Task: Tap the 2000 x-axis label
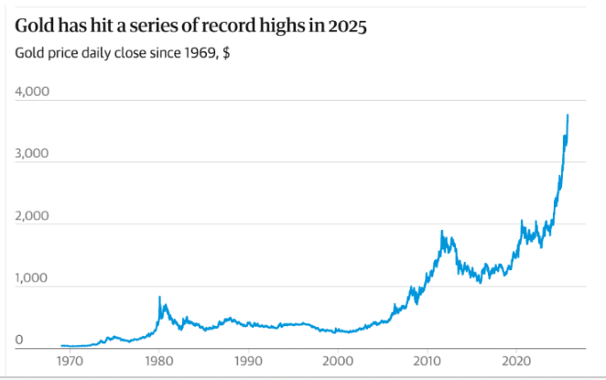coord(338,361)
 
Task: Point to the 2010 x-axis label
coord(427,361)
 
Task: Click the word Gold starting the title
coord(34,27)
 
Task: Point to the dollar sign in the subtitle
coord(225,52)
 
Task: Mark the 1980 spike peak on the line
coord(160,297)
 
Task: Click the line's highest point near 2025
coord(568,114)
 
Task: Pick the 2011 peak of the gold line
coord(443,231)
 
